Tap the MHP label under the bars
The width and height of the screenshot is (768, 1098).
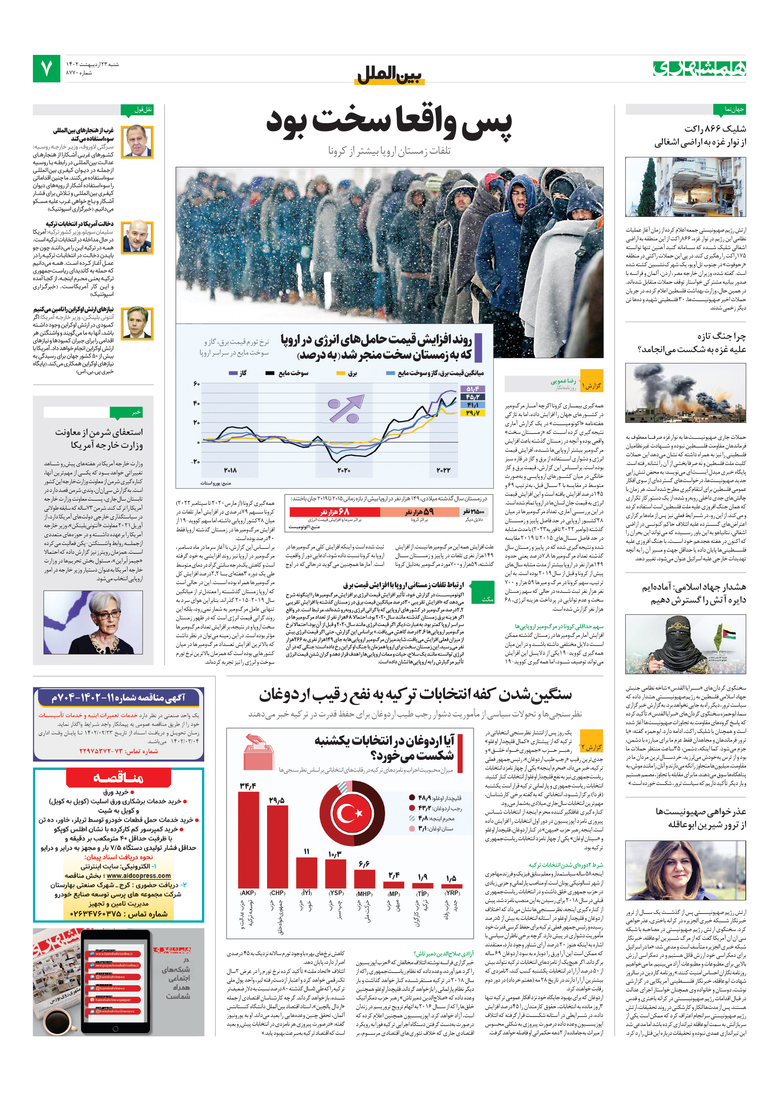(x=364, y=893)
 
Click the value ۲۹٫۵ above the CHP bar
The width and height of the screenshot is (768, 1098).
(x=277, y=800)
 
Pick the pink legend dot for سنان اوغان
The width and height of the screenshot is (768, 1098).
(x=412, y=829)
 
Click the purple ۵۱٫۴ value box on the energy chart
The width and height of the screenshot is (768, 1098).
(x=473, y=389)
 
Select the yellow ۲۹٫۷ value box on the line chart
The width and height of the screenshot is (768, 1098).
(x=473, y=413)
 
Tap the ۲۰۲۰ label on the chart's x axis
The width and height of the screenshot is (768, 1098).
(x=344, y=470)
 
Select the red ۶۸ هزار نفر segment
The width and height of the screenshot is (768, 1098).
(x=334, y=512)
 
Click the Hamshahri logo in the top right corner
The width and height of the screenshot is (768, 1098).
(x=699, y=68)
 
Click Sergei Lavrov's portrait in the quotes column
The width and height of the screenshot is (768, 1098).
(x=137, y=141)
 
